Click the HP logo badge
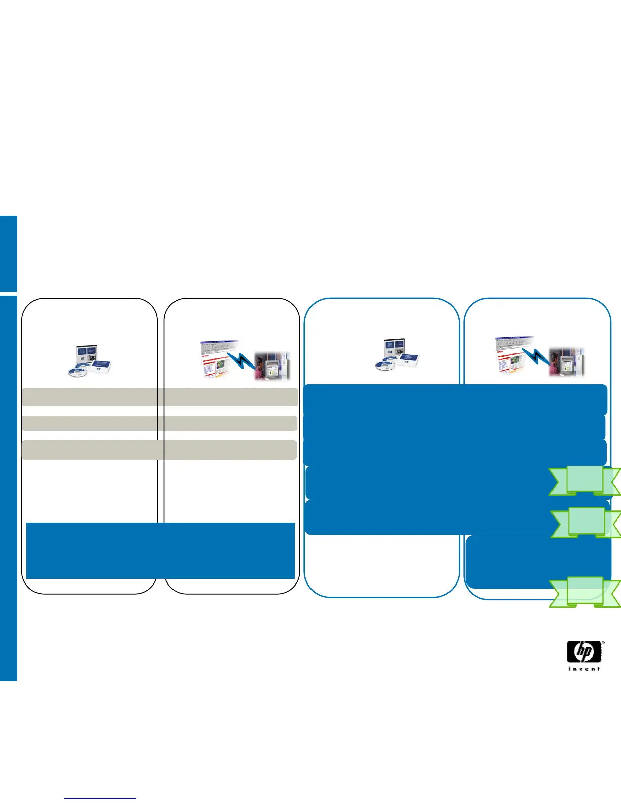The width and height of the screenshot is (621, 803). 584,652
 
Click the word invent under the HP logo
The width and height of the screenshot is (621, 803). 584,669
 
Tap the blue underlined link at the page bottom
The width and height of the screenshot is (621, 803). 101,798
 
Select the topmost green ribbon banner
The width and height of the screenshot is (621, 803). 584,480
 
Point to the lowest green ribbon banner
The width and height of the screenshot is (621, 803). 584,592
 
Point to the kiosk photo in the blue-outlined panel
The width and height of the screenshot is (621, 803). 567,361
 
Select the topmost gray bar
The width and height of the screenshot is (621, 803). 159,397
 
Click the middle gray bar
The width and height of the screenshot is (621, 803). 159,423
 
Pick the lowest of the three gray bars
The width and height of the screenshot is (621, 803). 159,450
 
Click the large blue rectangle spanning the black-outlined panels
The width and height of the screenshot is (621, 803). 160,550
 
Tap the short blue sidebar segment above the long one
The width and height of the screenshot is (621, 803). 9,253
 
